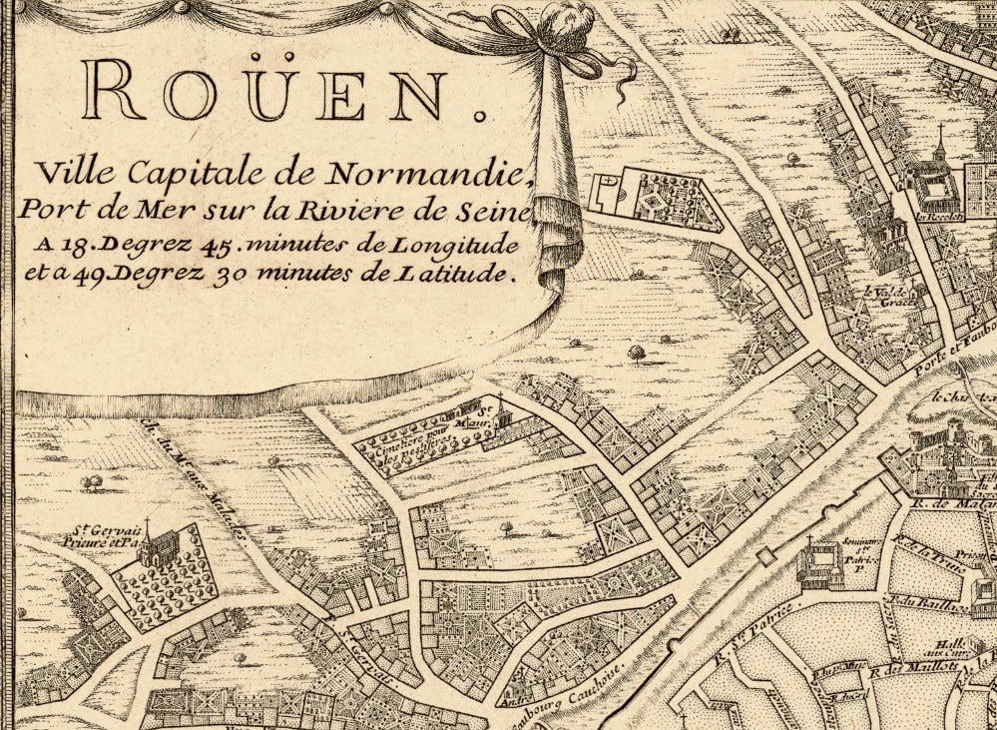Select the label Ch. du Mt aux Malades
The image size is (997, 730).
click(200, 479)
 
